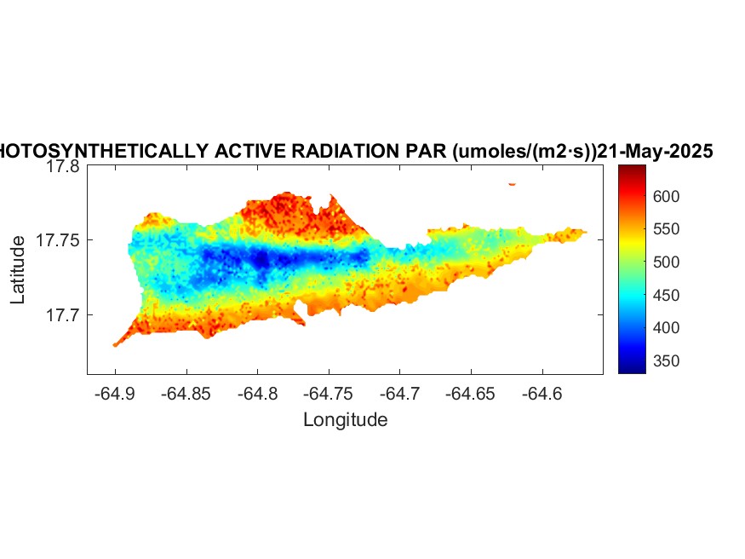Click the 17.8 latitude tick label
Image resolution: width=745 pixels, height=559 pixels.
click(x=63, y=167)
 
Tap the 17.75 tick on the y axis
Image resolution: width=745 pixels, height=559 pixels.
click(x=59, y=241)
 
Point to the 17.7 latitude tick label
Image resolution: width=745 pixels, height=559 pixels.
click(x=63, y=315)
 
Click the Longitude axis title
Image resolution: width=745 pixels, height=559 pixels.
click(x=346, y=419)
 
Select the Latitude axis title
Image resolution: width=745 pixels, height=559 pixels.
click(x=18, y=271)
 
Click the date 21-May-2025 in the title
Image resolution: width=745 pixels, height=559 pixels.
click(x=655, y=152)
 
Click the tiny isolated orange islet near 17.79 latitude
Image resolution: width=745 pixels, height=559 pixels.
click(x=512, y=183)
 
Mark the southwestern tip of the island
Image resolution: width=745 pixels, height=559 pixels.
click(x=115, y=344)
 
